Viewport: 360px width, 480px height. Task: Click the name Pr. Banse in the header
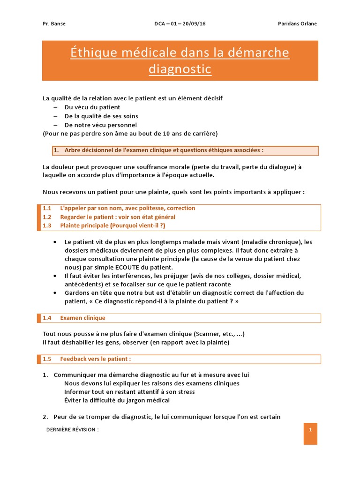[54, 24]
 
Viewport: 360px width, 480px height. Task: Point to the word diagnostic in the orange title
[180, 69]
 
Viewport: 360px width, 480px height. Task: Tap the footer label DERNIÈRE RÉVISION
[73, 429]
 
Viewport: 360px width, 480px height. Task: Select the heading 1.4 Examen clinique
[74, 318]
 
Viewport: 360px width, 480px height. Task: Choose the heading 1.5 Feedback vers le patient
[87, 359]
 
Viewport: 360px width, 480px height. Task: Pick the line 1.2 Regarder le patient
[109, 217]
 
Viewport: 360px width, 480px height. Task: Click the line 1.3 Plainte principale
[104, 225]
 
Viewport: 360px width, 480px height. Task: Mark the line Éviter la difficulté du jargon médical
[117, 400]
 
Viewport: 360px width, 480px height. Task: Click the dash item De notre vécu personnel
[100, 125]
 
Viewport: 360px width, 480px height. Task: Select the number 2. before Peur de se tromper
[45, 417]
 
